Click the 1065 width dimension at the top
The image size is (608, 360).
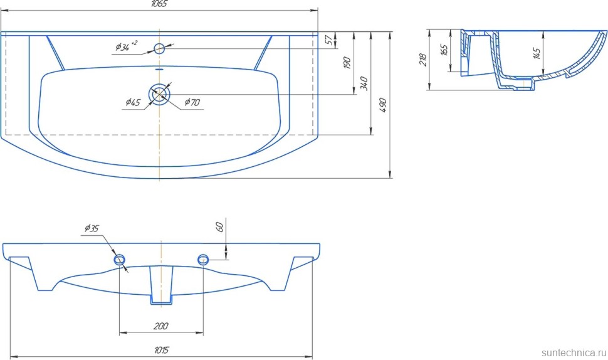(x=159, y=4)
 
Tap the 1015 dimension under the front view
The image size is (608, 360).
(x=161, y=351)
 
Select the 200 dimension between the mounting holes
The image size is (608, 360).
(x=160, y=326)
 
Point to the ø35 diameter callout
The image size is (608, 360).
(x=92, y=228)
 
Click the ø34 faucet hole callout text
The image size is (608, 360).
(x=126, y=46)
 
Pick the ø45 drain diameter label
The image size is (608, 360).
(x=133, y=102)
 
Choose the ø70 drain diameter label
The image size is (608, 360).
(x=192, y=102)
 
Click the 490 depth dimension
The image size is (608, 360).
(x=383, y=105)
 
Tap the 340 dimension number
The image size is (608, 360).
(x=364, y=83)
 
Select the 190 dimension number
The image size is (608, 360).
(x=347, y=63)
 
